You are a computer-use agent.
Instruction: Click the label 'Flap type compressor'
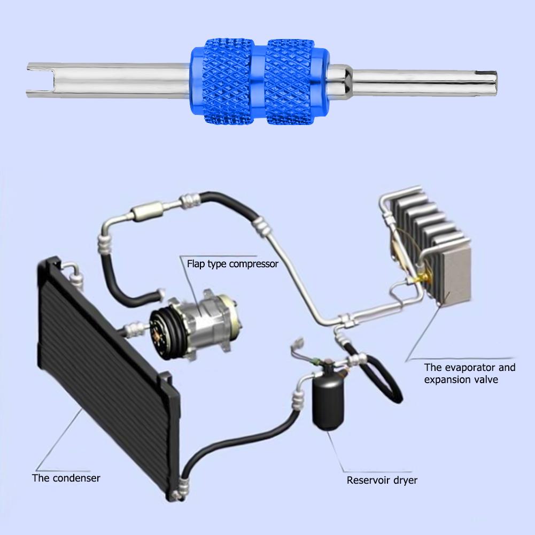pos(232,263)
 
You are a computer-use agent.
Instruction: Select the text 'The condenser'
pos(66,478)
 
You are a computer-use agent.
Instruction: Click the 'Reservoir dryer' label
pos(382,480)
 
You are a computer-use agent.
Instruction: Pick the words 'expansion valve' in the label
pos(461,379)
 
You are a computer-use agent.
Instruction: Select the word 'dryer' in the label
pos(405,480)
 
